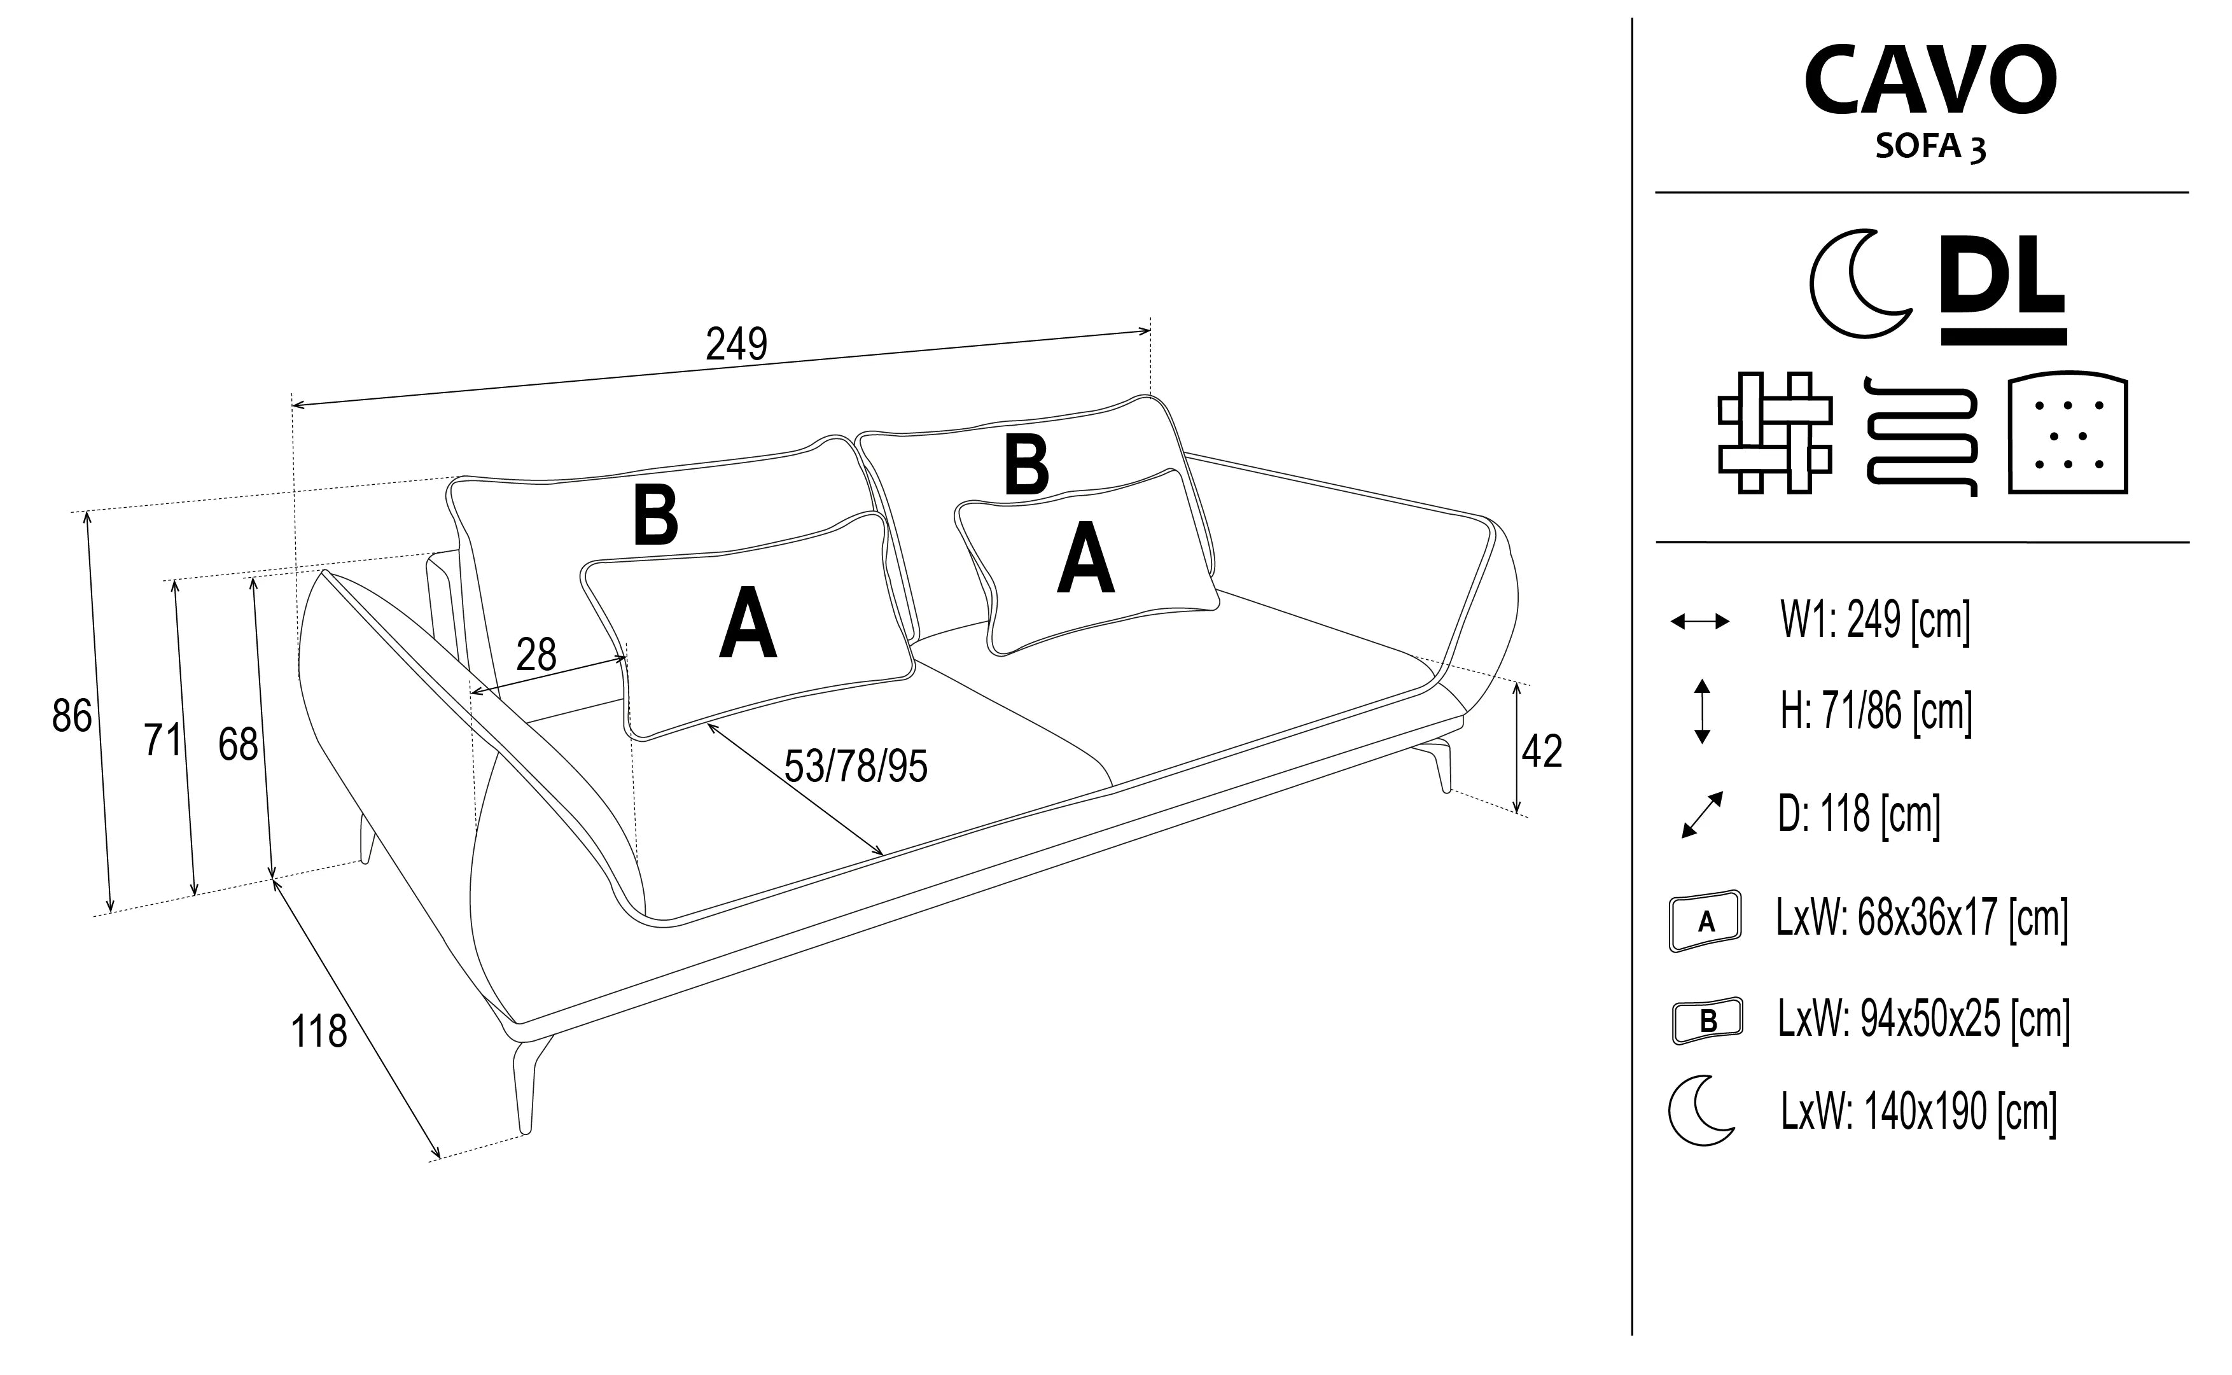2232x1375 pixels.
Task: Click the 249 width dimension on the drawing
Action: (x=736, y=344)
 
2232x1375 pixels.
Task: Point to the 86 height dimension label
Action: (x=72, y=716)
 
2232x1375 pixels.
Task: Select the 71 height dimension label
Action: (x=163, y=740)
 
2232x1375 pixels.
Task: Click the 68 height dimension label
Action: (x=238, y=746)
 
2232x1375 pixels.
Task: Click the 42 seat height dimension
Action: (x=1542, y=752)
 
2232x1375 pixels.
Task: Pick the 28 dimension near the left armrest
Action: (x=536, y=655)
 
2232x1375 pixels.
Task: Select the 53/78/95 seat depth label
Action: (x=856, y=767)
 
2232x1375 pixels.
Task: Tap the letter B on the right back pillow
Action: (x=1026, y=466)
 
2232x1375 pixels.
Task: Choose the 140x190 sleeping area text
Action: (x=1918, y=1112)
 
